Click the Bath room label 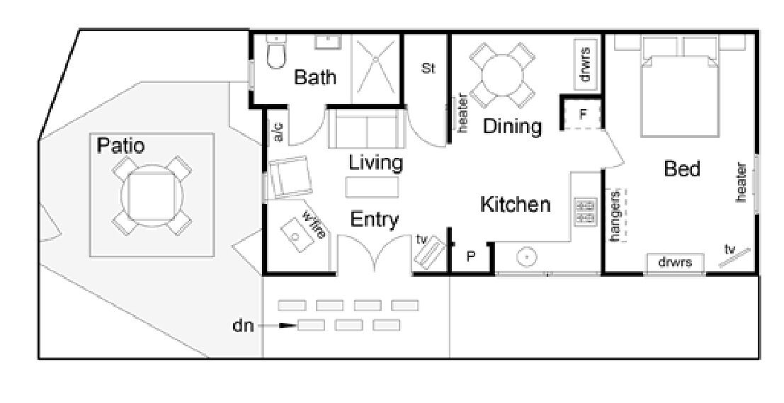point(315,77)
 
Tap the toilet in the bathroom point(275,52)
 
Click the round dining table point(502,76)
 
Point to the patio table point(152,195)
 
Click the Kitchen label point(515,205)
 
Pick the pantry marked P point(471,257)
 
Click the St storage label point(428,69)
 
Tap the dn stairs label point(244,326)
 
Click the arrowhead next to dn point(287,326)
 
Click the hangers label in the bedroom point(615,215)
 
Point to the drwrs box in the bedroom point(676,263)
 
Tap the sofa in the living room point(367,128)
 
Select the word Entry point(375,220)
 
